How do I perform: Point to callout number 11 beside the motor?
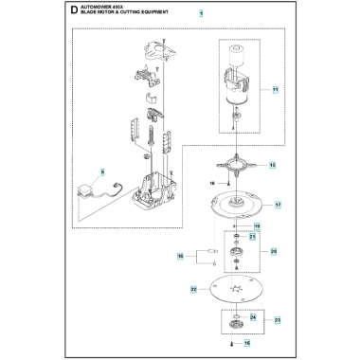tap(276, 90)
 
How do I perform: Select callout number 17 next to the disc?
tap(278, 205)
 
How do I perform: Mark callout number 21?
tap(253, 236)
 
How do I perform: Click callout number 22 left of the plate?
tap(192, 288)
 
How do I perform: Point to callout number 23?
tap(277, 321)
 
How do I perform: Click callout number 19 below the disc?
tap(255, 226)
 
